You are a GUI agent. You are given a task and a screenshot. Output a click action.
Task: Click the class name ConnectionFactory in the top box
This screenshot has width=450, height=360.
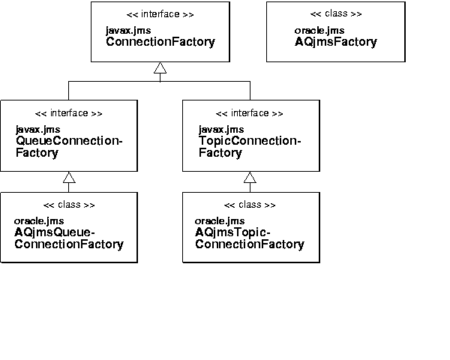pos(160,42)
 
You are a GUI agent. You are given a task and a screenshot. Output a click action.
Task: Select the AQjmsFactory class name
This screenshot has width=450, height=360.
pos(335,42)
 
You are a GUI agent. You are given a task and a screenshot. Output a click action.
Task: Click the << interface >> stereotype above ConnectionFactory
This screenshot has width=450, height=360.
pos(160,14)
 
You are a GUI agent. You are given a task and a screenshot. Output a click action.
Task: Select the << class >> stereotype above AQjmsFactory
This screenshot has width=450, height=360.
pos(335,14)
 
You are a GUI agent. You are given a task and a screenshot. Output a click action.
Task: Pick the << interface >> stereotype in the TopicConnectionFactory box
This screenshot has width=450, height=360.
pos(250,113)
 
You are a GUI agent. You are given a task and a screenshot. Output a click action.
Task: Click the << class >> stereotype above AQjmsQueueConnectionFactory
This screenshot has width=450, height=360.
pos(68,205)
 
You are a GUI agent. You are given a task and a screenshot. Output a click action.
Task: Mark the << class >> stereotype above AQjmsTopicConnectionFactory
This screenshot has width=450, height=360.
pos(250,205)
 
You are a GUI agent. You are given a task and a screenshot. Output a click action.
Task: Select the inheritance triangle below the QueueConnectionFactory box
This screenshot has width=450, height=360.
pos(69,178)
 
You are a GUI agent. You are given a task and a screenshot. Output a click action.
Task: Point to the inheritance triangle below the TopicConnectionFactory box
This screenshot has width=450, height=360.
pos(250,178)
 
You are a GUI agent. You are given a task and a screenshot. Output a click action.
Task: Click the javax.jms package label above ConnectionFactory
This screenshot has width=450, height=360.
pos(128,31)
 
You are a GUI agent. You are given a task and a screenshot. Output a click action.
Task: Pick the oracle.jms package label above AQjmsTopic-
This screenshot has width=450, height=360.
pos(219,221)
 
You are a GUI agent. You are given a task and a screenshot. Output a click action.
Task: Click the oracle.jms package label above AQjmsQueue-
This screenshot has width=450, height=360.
pos(39,221)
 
